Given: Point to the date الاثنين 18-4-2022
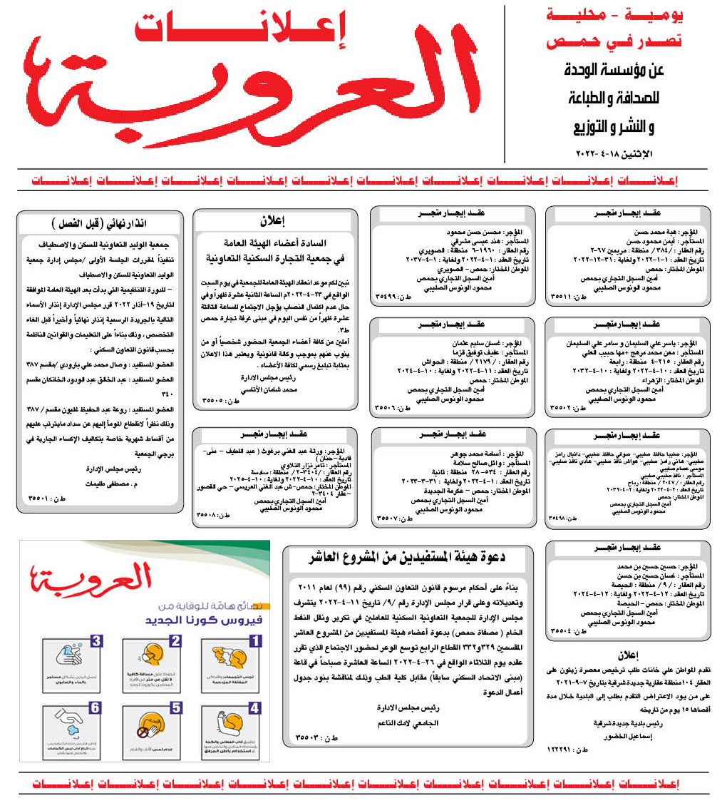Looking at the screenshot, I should (617, 154).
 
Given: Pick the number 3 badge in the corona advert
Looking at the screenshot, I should (98, 640).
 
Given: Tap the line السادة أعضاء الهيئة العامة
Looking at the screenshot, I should (274, 244).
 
